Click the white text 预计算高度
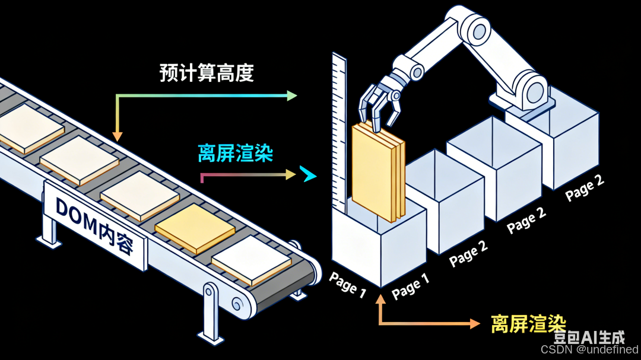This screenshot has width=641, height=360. [207, 73]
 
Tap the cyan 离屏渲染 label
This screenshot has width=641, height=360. [236, 154]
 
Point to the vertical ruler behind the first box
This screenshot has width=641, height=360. [339, 130]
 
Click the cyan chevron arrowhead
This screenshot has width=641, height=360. [308, 174]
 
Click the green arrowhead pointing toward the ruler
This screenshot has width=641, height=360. [291, 95]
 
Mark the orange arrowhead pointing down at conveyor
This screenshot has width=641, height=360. [118, 136]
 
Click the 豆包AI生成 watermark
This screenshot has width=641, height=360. [589, 337]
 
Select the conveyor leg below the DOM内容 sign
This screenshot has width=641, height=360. [49, 228]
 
